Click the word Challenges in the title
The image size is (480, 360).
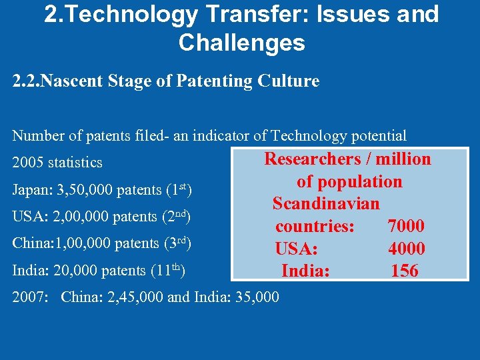(x=241, y=43)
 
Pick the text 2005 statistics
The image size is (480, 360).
(x=57, y=163)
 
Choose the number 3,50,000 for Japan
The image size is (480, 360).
(x=85, y=191)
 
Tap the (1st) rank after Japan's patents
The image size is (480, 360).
(x=179, y=190)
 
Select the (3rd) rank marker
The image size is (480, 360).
(x=178, y=244)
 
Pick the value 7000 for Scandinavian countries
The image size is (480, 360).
(x=406, y=227)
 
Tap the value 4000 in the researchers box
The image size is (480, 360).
(x=406, y=249)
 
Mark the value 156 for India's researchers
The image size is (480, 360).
(x=405, y=271)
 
